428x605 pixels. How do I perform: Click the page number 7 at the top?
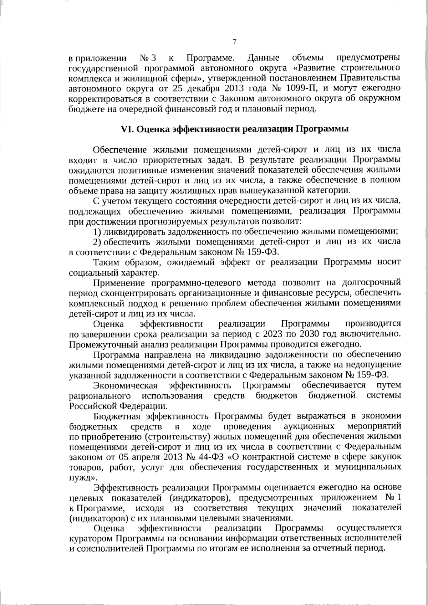tap(234, 42)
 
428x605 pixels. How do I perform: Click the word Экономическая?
tap(125, 385)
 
